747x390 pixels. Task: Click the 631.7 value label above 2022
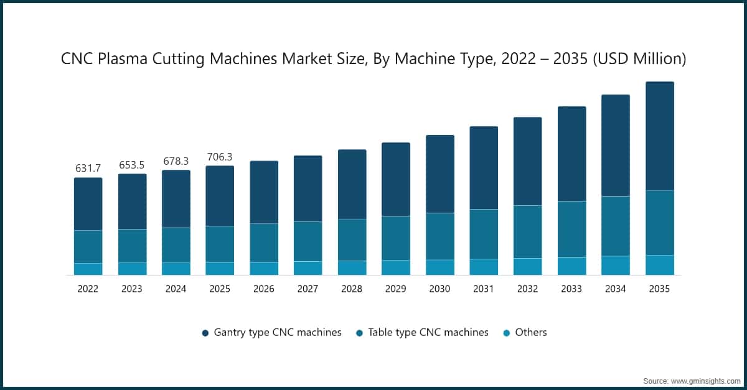(88, 169)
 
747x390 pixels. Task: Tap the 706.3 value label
(220, 156)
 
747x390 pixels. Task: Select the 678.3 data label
(176, 161)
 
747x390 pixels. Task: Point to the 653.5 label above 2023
(132, 165)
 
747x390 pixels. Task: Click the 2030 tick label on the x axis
(439, 289)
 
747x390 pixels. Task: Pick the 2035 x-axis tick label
(659, 289)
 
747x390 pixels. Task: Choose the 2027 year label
(308, 289)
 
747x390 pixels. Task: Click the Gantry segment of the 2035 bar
(659, 136)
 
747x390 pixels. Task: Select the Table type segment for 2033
(571, 229)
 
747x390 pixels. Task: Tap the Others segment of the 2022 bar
(88, 269)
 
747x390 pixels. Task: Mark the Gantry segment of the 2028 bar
(352, 184)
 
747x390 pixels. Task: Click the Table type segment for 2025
(220, 244)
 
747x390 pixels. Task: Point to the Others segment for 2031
(484, 267)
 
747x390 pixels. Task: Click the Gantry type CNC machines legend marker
(205, 333)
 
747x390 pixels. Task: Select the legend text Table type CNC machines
(428, 332)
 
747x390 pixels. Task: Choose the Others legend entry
(530, 332)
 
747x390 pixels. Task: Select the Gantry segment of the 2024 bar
(176, 198)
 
